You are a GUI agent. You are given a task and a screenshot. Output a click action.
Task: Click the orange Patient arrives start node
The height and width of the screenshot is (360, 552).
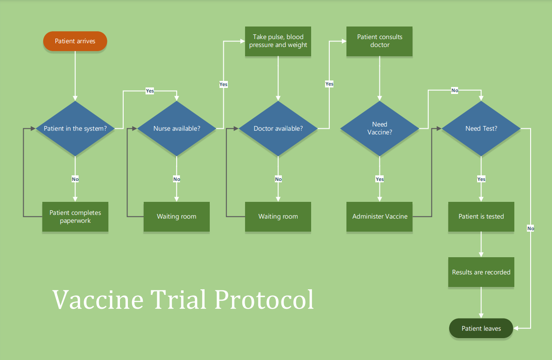pos(75,41)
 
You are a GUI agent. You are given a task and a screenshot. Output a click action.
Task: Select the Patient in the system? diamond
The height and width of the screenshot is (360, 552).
pos(75,128)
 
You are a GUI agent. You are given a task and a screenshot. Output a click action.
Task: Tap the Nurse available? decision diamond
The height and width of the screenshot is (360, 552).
pos(177,128)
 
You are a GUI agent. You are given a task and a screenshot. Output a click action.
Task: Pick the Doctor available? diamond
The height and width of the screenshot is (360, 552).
pos(278,128)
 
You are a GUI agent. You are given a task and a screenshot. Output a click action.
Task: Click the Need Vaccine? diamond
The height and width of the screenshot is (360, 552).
pos(379,128)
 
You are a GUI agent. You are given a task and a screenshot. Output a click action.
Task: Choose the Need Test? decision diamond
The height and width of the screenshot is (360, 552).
pos(481,128)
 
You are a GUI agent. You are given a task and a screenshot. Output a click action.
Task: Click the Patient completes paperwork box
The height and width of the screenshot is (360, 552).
pos(75,217)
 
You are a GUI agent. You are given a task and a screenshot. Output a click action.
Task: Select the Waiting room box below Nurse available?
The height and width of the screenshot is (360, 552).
pos(177,217)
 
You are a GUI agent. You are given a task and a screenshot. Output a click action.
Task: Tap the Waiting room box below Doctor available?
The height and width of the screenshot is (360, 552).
pos(278,217)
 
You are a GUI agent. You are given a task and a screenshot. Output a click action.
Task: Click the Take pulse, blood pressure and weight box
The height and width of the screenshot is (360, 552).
pos(278,41)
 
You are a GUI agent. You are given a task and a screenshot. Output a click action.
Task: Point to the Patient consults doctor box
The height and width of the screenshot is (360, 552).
pos(379,41)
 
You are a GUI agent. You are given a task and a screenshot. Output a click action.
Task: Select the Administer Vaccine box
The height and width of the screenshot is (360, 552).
pos(379,217)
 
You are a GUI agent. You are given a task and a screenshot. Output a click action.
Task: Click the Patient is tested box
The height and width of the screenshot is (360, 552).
pos(481,217)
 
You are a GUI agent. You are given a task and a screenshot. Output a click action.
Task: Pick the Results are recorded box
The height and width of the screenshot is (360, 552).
pos(481,272)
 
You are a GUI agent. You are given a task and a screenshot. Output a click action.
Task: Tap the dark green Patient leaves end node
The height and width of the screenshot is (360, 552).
pos(481,328)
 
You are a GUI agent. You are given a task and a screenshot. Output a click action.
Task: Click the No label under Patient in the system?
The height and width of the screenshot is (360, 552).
pos(75,179)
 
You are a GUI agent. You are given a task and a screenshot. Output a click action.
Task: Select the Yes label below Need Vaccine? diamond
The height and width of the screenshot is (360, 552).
pos(379,179)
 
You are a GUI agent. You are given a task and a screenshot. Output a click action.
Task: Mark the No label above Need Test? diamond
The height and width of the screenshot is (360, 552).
pos(454,90)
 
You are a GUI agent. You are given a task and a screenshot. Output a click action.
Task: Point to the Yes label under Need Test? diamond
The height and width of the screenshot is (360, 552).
pos(481,179)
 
